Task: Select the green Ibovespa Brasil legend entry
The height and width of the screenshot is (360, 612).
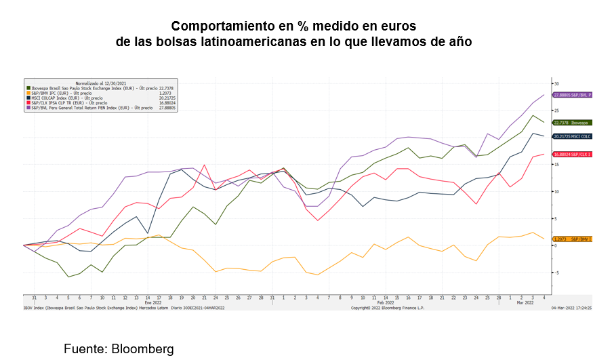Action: pos(88,87)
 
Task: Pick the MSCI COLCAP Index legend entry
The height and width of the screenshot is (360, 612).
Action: pos(67,98)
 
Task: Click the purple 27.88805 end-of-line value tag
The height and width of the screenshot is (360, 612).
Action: pos(573,95)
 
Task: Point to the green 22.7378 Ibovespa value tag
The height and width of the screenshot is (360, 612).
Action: pos(573,123)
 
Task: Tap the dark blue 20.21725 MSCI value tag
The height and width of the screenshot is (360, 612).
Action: pos(573,136)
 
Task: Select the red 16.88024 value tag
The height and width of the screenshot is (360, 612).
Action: pos(573,155)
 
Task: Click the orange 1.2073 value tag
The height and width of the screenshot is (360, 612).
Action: pos(573,239)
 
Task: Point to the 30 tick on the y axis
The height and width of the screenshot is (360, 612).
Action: pos(557,83)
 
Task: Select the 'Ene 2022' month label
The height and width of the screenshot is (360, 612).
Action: pos(153,302)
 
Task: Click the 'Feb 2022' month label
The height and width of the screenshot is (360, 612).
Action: pos(385,302)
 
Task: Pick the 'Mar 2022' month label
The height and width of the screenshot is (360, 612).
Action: pos(526,302)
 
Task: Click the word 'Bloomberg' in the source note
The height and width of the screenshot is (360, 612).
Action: pos(142,350)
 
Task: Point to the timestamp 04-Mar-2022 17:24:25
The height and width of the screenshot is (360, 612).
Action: pos(571,308)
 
